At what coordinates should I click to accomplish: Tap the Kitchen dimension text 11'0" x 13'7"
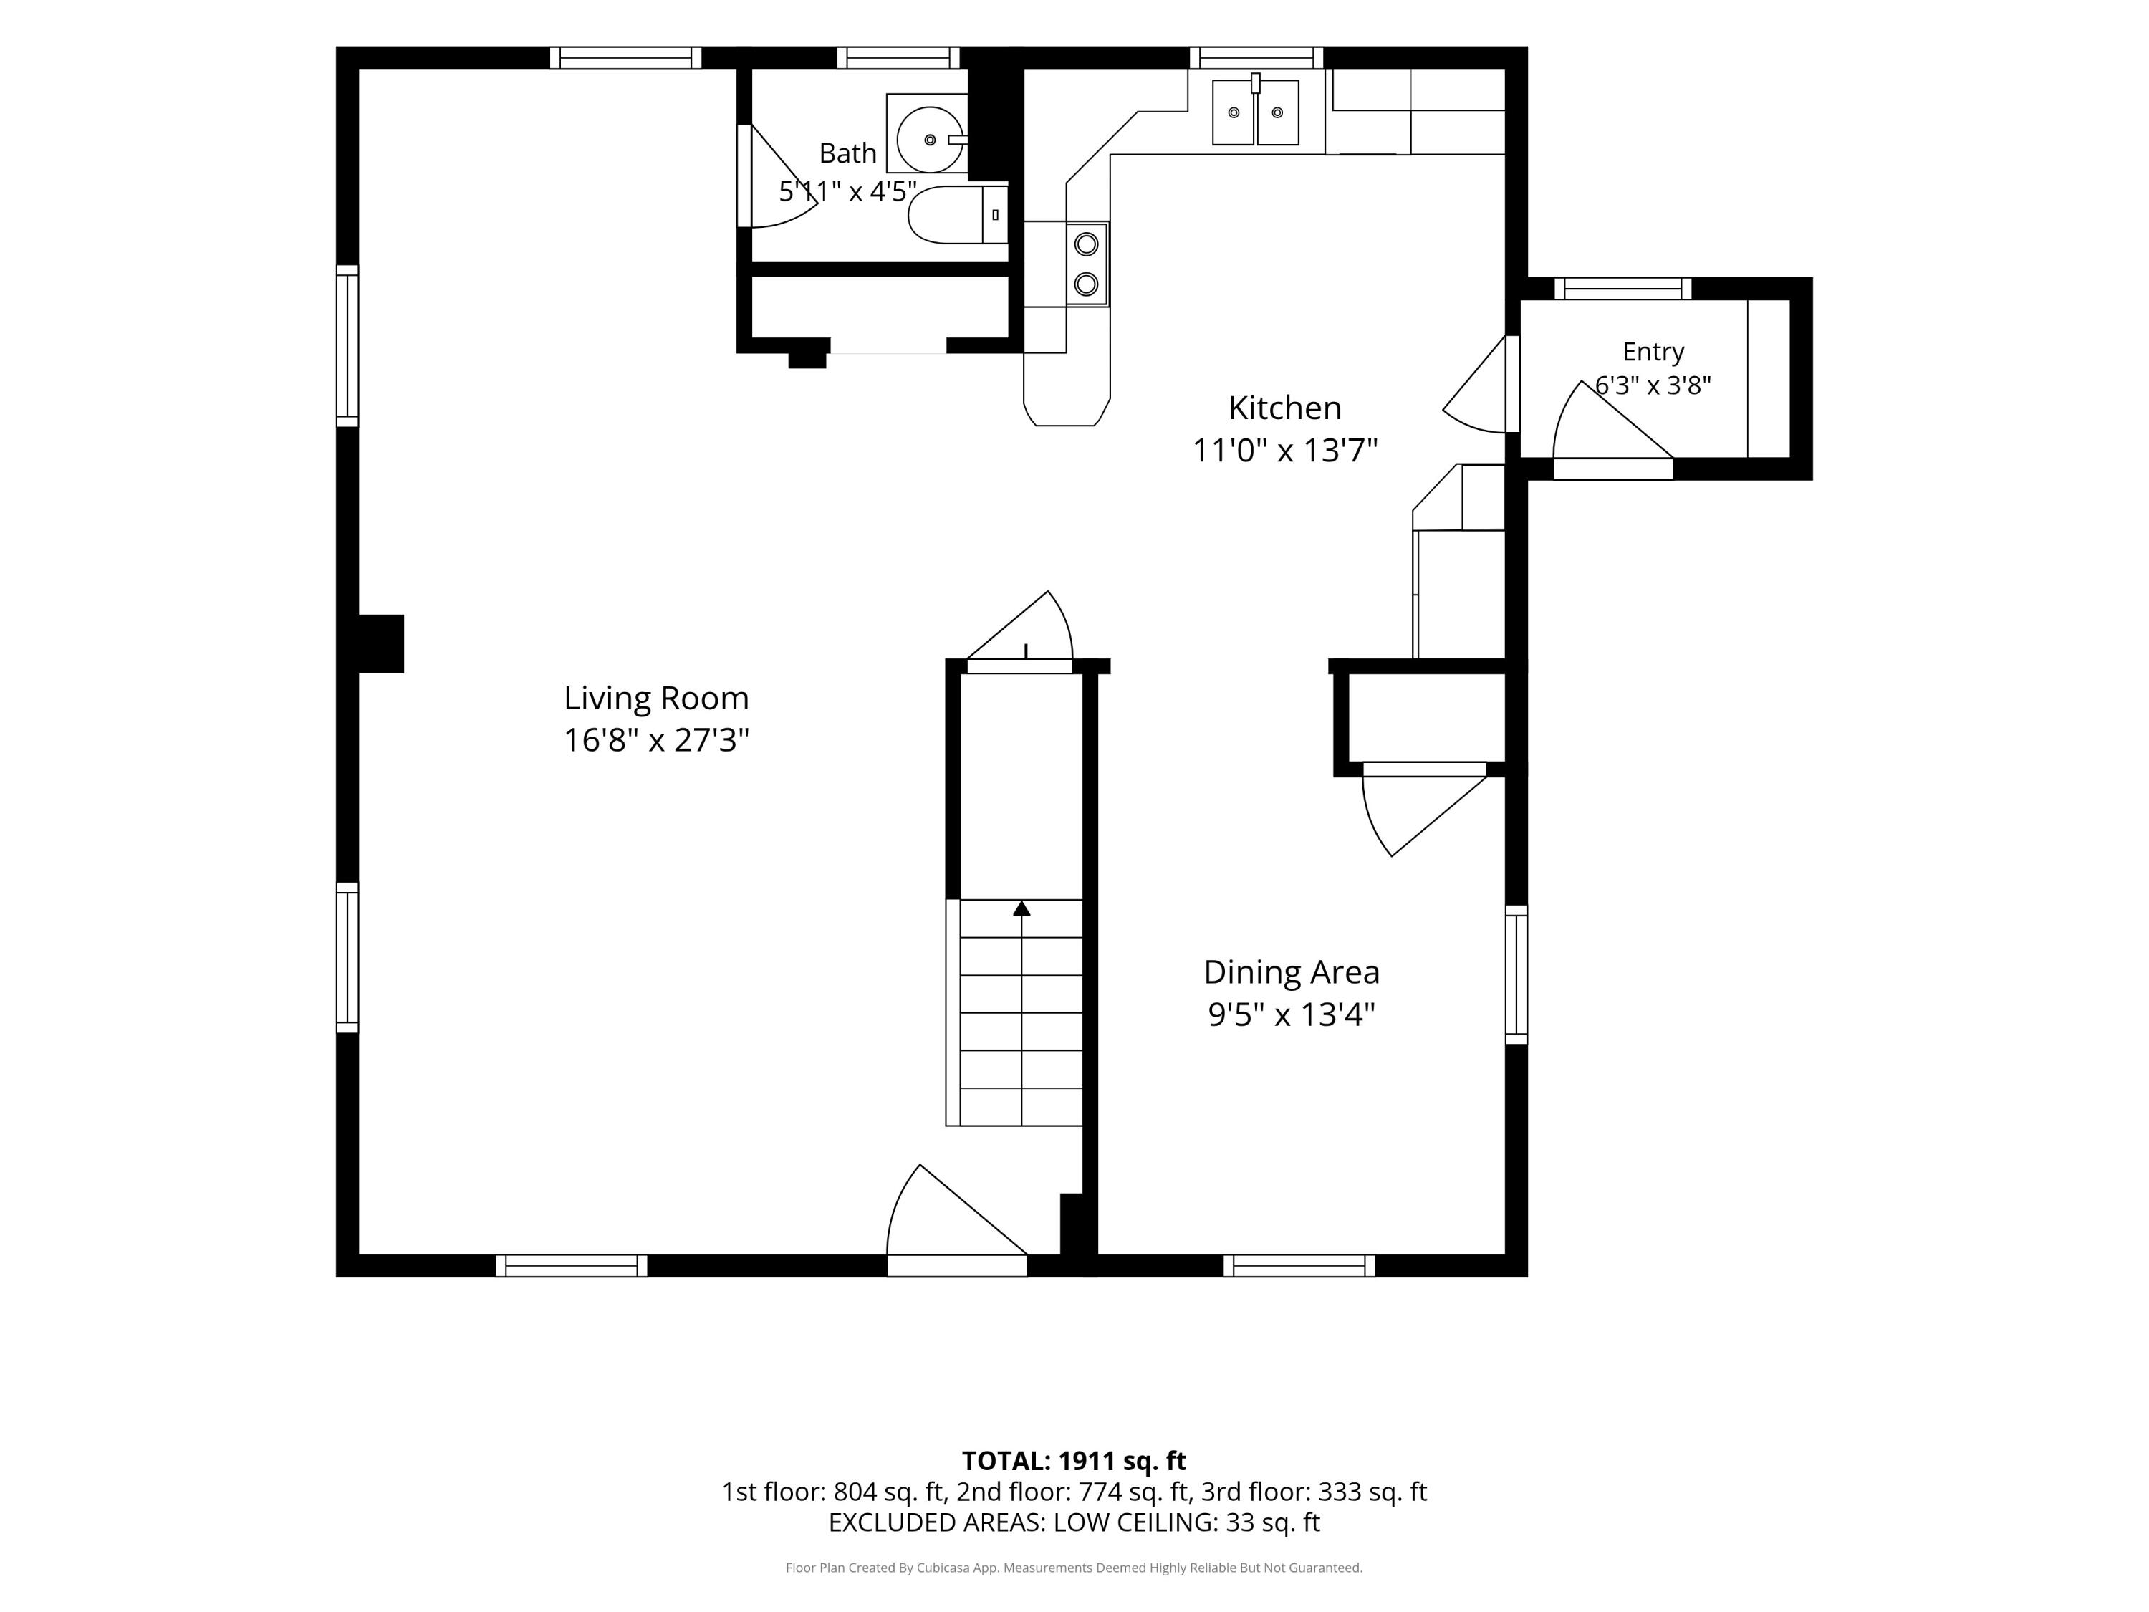click(1284, 451)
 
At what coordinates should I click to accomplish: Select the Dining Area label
click(1291, 971)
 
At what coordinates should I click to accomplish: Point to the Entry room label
click(1653, 352)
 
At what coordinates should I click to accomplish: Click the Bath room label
click(847, 153)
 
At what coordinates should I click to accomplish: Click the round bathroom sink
click(930, 140)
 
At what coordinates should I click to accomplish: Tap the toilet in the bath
click(958, 215)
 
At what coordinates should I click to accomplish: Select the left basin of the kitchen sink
click(1233, 112)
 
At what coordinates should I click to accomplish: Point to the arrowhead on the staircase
click(1021, 908)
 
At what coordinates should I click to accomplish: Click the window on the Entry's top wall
click(1622, 289)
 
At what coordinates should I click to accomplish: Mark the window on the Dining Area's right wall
click(1516, 974)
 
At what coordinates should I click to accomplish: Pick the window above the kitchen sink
click(1256, 57)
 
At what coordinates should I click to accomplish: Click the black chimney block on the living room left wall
click(381, 643)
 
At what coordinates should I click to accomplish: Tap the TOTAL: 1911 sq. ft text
click(1074, 1460)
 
